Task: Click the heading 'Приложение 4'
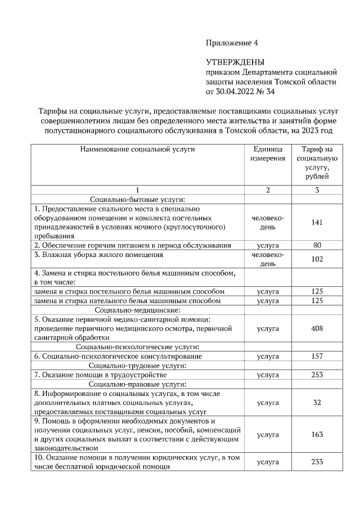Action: pos(231,43)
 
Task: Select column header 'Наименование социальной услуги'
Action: pos(137,150)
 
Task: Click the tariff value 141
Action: pos(317,222)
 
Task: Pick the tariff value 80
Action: pos(317,245)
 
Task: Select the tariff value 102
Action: pos(317,259)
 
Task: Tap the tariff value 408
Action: pos(317,328)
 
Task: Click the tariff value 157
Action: pos(317,357)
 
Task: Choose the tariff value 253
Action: pos(317,375)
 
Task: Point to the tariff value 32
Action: pos(317,403)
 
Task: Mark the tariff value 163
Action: pos(317,435)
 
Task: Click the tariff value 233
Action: pos(317,462)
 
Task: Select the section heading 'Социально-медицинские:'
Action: pos(137,310)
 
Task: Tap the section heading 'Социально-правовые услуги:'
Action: pos(137,384)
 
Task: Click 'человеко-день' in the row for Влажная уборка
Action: pos(268,259)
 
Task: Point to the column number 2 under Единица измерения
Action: pos(268,190)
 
